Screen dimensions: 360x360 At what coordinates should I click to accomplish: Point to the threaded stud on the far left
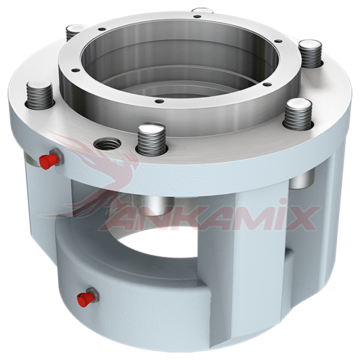(40, 95)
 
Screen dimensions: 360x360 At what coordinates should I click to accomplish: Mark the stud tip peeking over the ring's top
(202, 11)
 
